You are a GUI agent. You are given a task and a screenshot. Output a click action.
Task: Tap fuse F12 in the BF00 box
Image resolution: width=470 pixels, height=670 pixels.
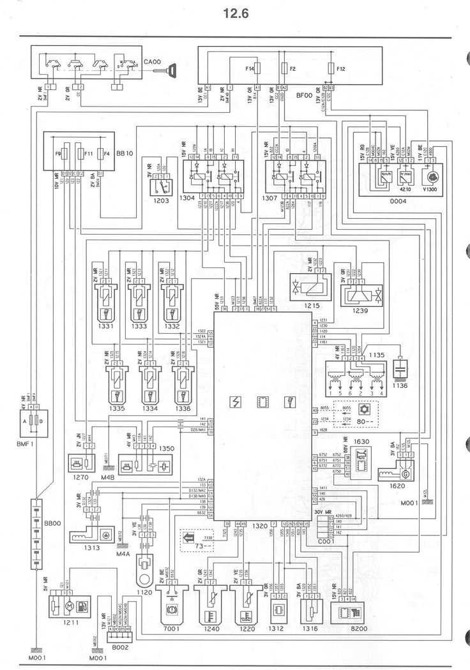pos(331,68)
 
